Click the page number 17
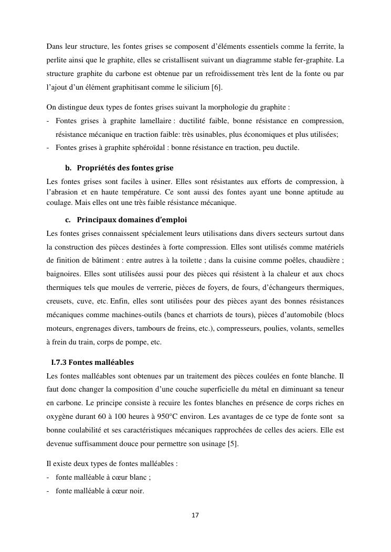pyautogui.click(x=195, y=515)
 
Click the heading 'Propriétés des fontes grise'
pyautogui.click(x=125, y=168)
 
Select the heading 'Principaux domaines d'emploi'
pyautogui.click(x=131, y=219)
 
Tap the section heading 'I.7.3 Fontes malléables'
pyautogui.click(x=92, y=362)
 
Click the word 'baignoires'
pyautogui.click(x=63, y=274)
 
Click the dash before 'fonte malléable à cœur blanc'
pyautogui.click(x=48, y=478)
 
